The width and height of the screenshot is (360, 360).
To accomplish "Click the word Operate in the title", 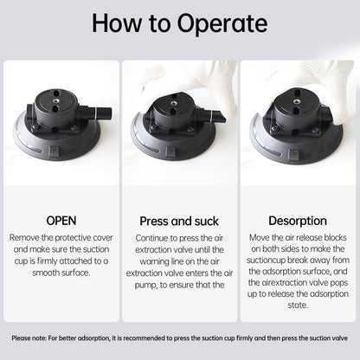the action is (x=222, y=23).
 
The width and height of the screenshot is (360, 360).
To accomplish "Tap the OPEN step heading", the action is (x=61, y=221).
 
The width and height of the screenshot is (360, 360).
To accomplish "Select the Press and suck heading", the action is (x=179, y=222).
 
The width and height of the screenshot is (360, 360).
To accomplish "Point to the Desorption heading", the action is (x=298, y=221).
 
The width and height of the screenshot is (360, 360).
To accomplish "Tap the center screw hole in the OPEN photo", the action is (x=55, y=100).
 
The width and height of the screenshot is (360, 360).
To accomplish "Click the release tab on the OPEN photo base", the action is (x=54, y=151).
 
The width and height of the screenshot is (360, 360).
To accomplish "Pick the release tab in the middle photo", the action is (x=170, y=151).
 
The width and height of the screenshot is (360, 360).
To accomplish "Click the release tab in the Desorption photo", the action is (x=294, y=155).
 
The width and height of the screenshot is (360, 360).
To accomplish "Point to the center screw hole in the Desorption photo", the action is (x=296, y=101).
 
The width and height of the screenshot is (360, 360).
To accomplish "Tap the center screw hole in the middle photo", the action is (x=174, y=103).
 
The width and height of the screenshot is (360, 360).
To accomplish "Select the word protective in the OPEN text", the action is (x=73, y=238).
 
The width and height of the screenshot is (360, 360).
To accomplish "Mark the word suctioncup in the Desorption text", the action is (x=266, y=260).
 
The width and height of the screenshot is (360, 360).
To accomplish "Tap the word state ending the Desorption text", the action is (x=298, y=305).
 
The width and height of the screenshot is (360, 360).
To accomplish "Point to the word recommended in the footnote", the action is (x=138, y=338).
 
